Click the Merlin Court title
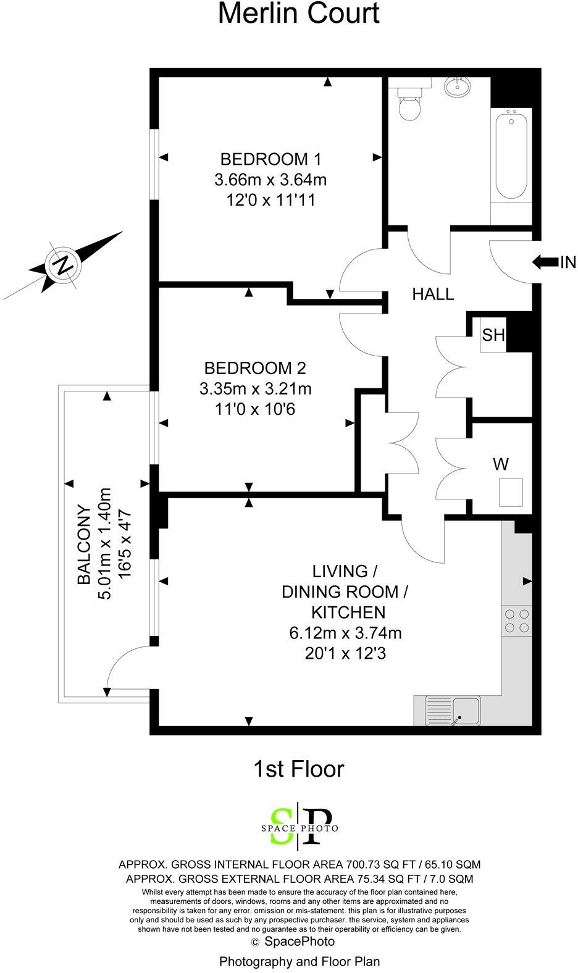(x=299, y=14)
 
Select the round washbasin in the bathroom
(x=457, y=87)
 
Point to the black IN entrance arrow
(x=543, y=262)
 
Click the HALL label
(x=433, y=294)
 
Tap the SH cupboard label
(x=493, y=335)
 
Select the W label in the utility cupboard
(x=500, y=462)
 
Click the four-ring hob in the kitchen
(x=517, y=620)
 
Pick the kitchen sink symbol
(x=453, y=711)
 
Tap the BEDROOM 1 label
(x=270, y=159)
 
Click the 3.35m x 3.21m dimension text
(x=255, y=389)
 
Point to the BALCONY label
(x=84, y=546)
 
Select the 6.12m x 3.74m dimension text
(x=345, y=633)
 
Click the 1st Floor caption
(x=298, y=769)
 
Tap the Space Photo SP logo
(x=299, y=825)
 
